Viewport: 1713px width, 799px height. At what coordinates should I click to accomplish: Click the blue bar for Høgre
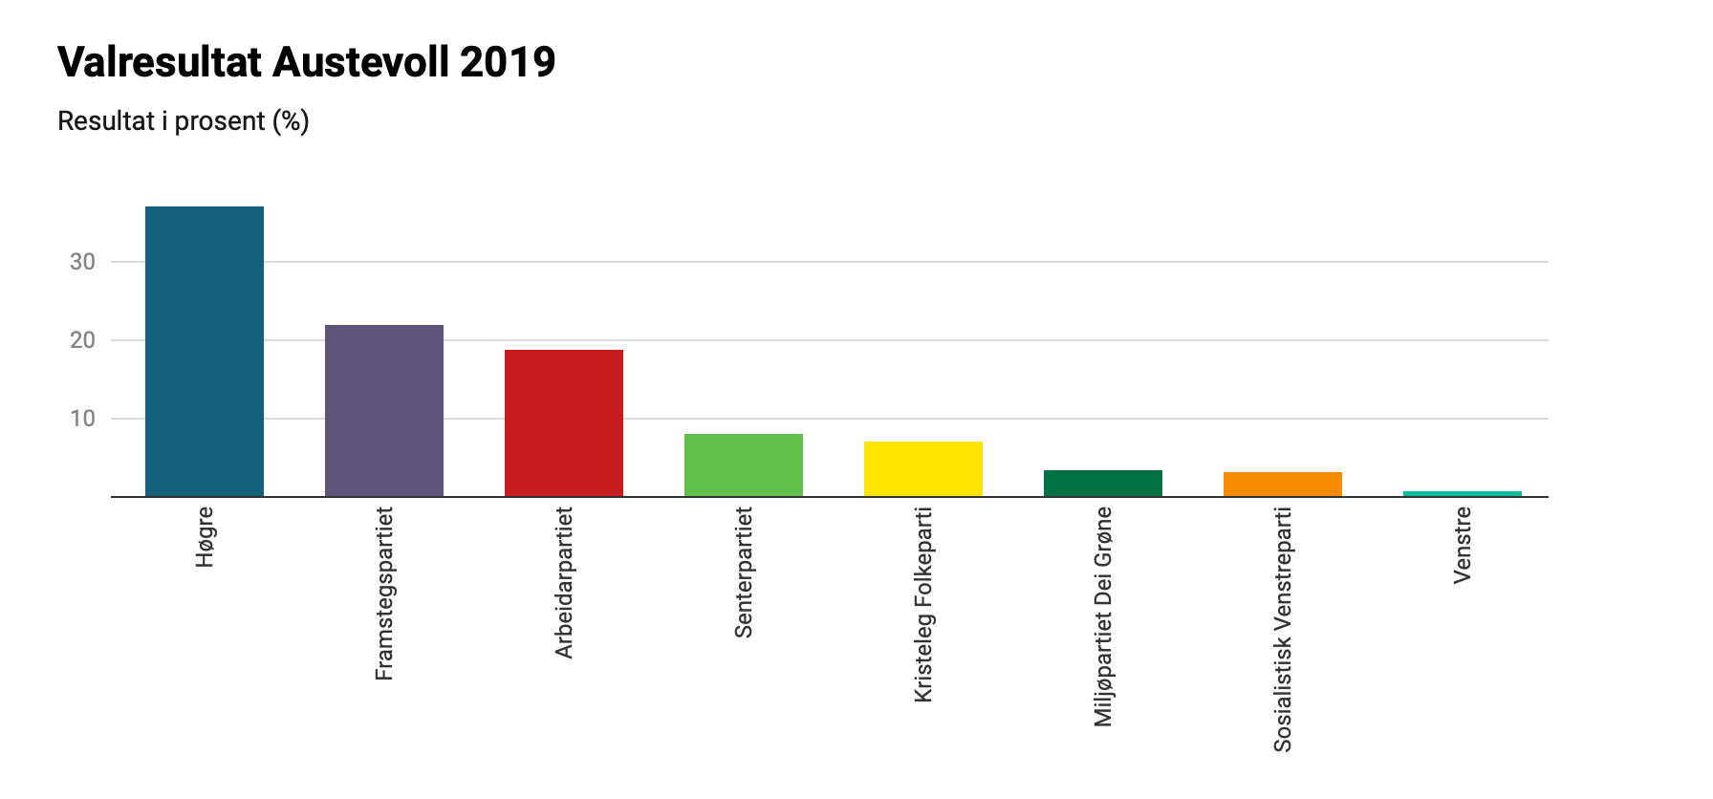pyautogui.click(x=205, y=352)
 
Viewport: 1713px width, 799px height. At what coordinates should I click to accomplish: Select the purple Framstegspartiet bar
pyautogui.click(x=384, y=411)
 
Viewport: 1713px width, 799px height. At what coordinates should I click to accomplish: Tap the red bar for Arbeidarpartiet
pyautogui.click(x=564, y=423)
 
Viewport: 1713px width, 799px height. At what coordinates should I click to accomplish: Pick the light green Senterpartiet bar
pyautogui.click(x=744, y=465)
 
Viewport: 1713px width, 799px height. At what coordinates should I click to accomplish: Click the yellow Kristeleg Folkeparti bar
pyautogui.click(x=923, y=469)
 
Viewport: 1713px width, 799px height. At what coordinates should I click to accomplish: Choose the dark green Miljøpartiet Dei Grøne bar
pyautogui.click(x=1103, y=484)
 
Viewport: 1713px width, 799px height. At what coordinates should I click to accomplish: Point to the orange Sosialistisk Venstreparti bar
pyautogui.click(x=1283, y=485)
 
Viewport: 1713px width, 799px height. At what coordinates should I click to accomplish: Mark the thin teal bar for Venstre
pyautogui.click(x=1463, y=493)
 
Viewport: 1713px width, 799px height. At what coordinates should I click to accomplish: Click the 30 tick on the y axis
pyautogui.click(x=83, y=262)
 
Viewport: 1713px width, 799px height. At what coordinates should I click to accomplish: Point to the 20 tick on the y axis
pyautogui.click(x=83, y=340)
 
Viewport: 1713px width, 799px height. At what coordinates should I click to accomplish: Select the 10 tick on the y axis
pyautogui.click(x=83, y=419)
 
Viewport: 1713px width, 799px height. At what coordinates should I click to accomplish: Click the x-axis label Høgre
pyautogui.click(x=206, y=537)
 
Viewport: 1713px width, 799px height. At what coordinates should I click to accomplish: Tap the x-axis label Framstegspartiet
pyautogui.click(x=384, y=594)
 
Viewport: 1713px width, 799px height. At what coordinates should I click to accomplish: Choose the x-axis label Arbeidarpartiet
pyautogui.click(x=564, y=583)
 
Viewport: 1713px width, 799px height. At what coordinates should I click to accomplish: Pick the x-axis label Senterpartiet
pyautogui.click(x=744, y=572)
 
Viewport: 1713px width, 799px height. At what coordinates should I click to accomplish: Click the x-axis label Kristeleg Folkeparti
pyautogui.click(x=923, y=605)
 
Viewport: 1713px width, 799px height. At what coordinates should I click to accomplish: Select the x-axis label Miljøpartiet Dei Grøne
pyautogui.click(x=1103, y=616)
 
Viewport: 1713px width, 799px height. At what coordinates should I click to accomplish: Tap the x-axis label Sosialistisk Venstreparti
pyautogui.click(x=1283, y=630)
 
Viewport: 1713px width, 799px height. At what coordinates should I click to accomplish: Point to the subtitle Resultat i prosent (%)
pyautogui.click(x=184, y=122)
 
